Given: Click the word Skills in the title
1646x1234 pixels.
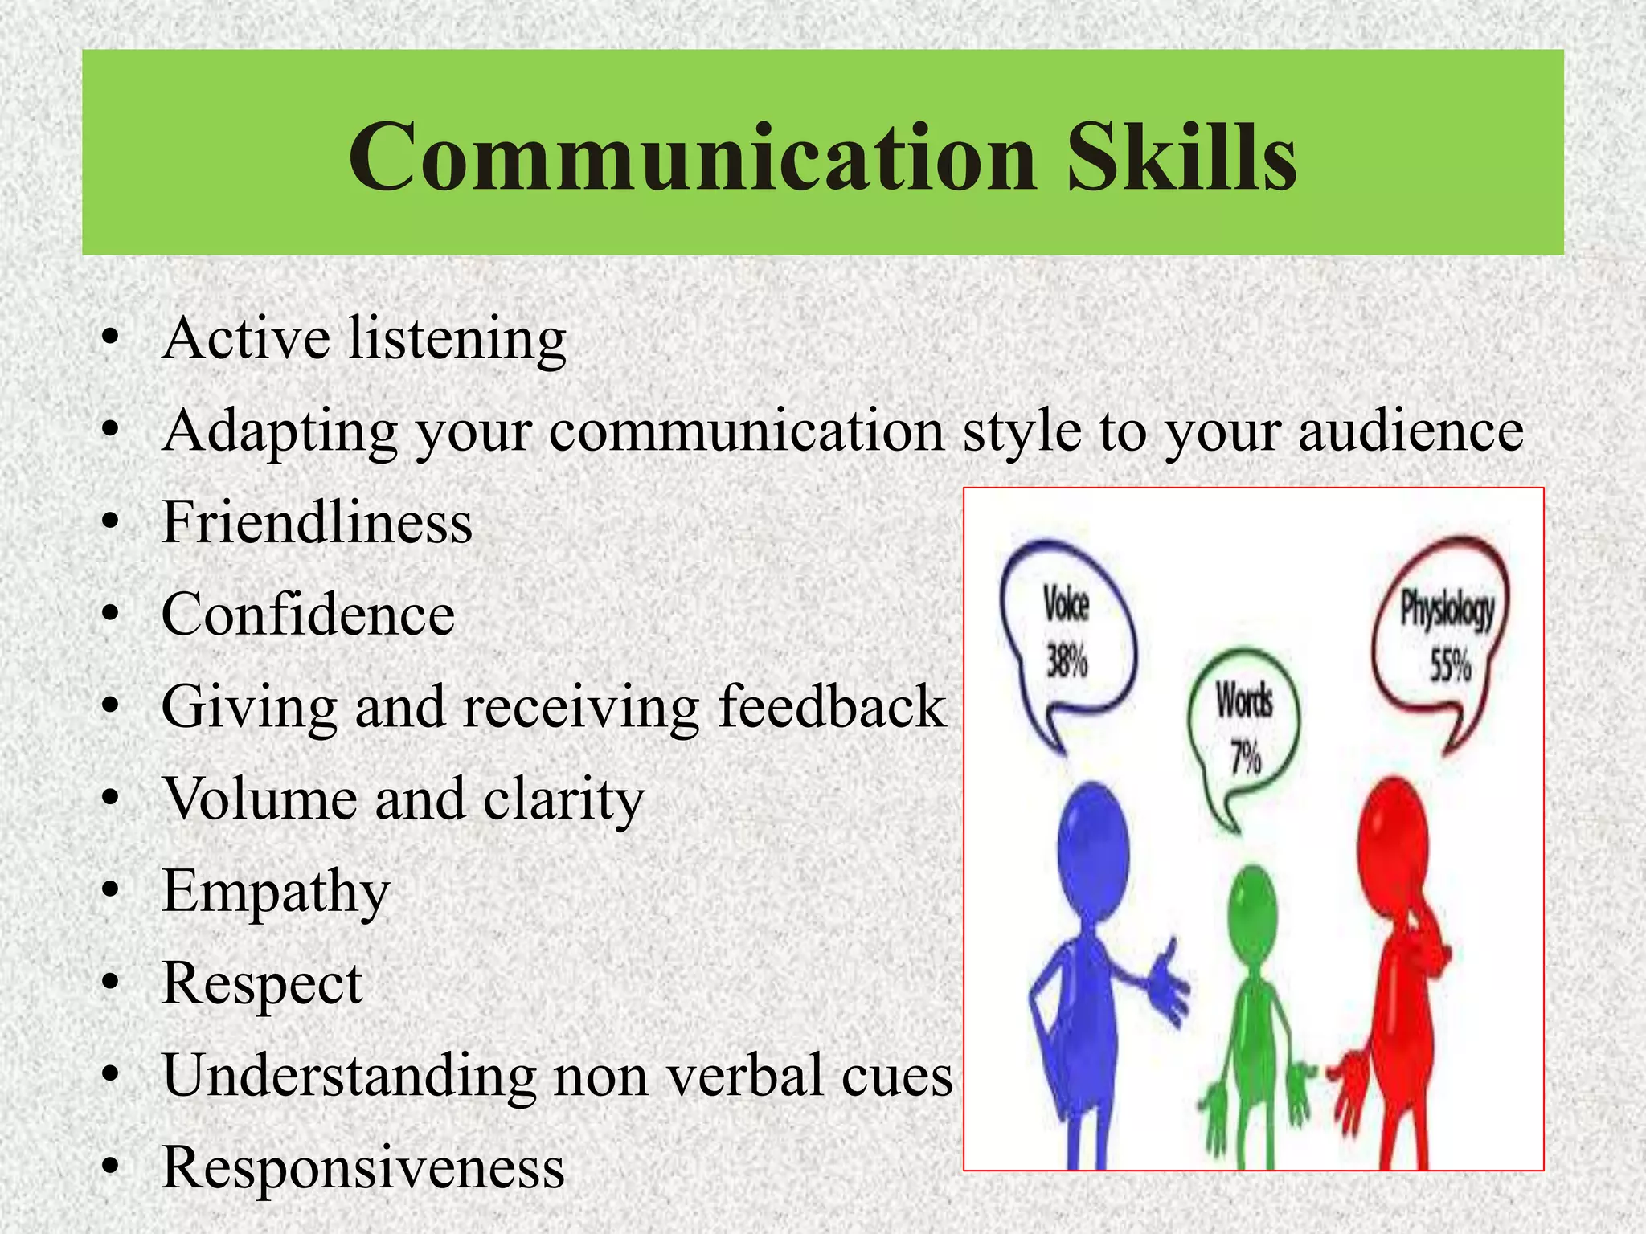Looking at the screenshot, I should tap(1181, 157).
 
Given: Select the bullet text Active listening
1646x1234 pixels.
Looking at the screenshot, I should tap(364, 339).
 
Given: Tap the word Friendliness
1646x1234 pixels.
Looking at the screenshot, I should tap(317, 523).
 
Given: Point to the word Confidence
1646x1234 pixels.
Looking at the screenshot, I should tap(308, 615).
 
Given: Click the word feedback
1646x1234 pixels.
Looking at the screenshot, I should tap(832, 707).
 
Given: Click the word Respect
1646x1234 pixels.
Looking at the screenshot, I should tap(262, 984).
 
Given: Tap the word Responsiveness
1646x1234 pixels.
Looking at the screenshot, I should tap(363, 1167).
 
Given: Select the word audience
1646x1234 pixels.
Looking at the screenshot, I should tap(1411, 431).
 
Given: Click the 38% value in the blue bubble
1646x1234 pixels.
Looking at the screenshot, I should tap(1067, 662).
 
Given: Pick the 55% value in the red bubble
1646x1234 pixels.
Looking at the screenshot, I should tap(1450, 665).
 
